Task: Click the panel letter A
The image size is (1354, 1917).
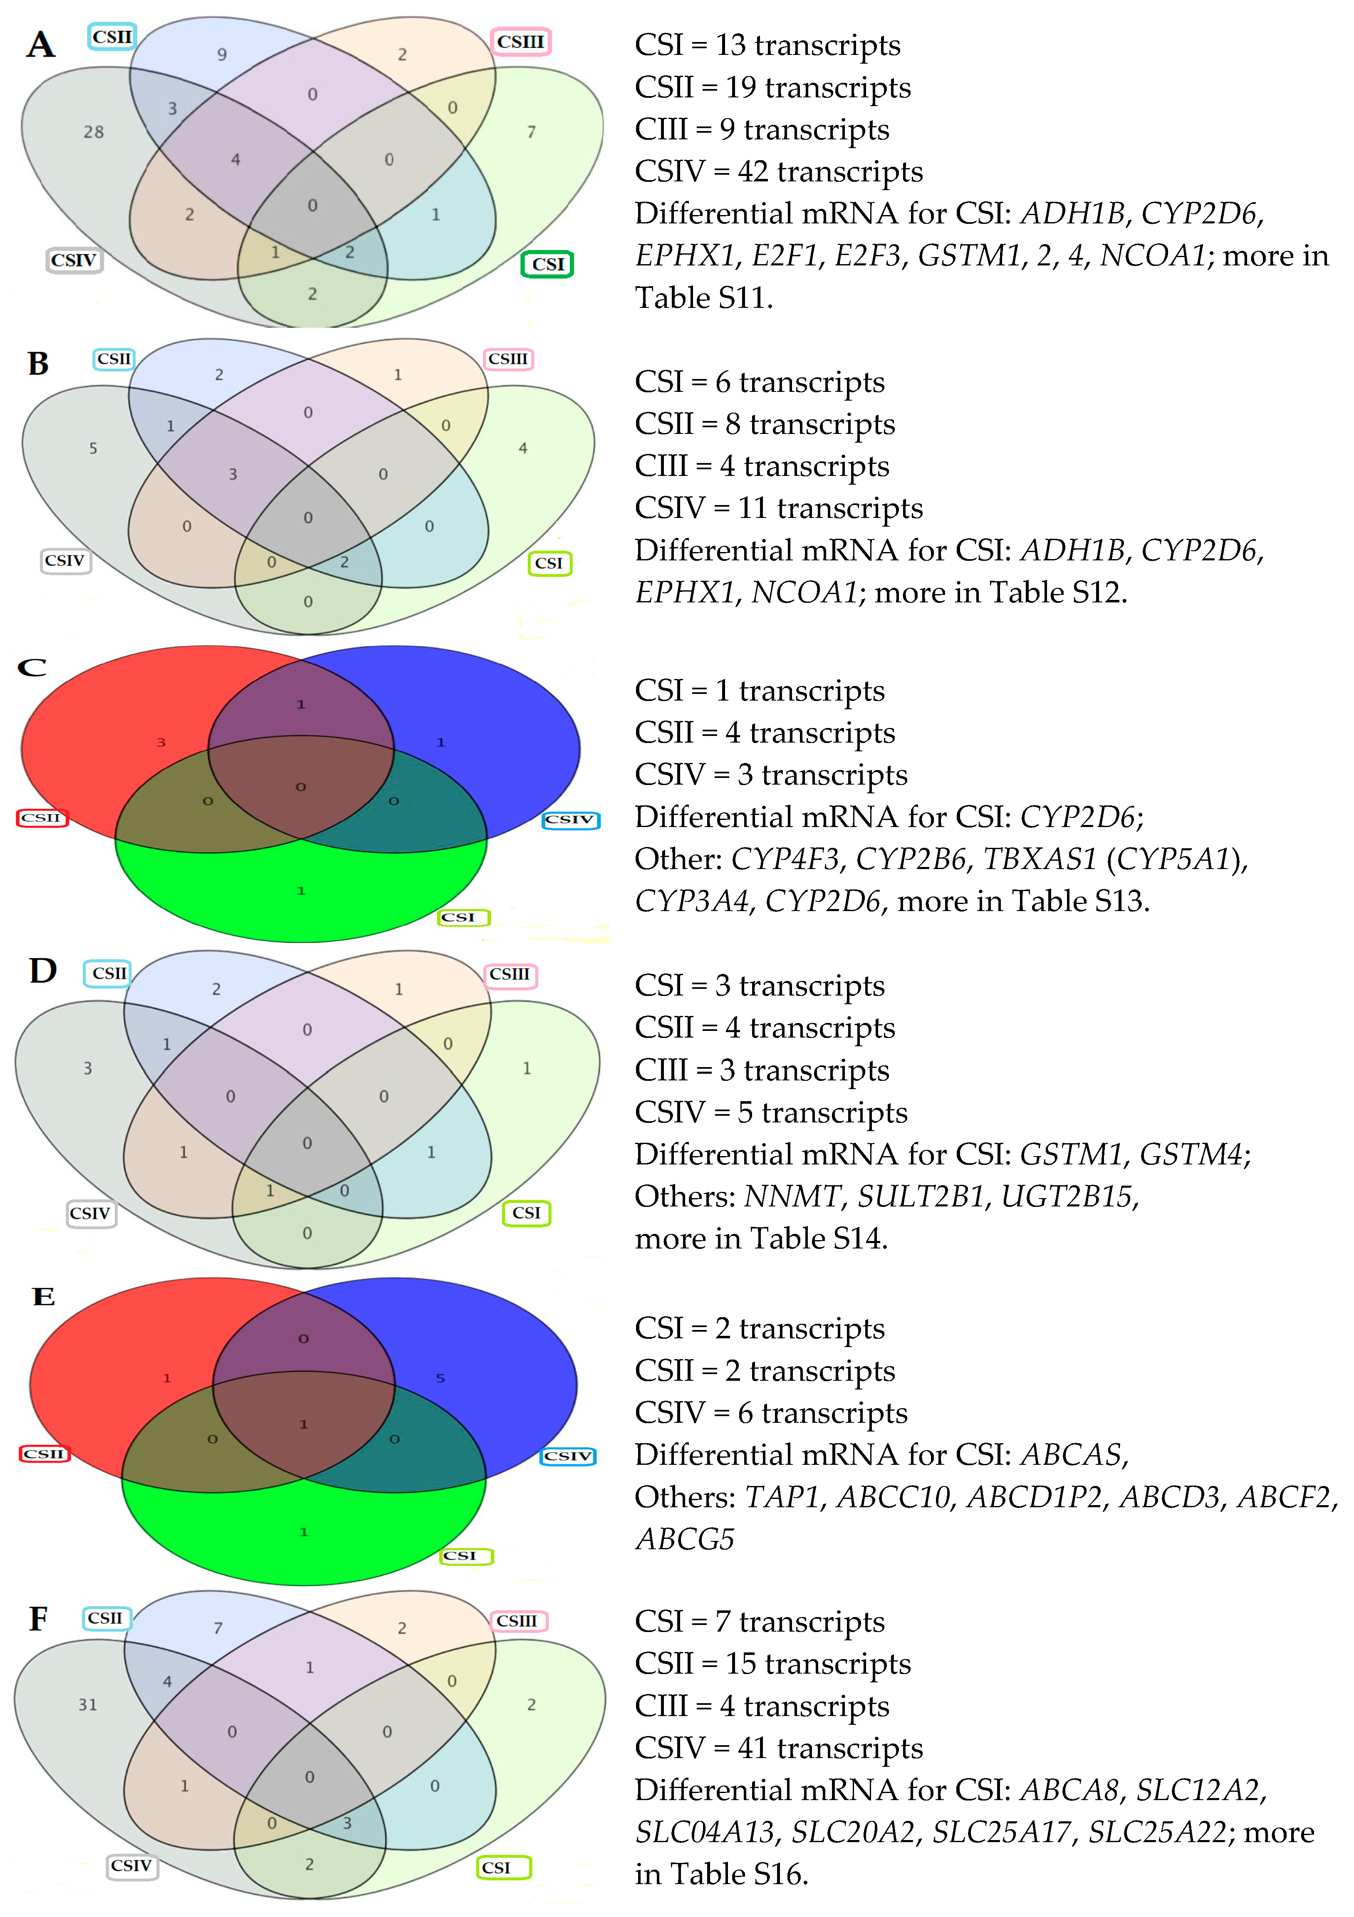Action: [x=40, y=44]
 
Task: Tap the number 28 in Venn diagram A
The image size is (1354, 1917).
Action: [x=94, y=132]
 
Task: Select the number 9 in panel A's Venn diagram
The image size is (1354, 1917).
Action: [x=222, y=54]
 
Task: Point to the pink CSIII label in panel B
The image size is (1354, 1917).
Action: [x=508, y=359]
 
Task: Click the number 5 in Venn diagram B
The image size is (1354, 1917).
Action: [x=94, y=448]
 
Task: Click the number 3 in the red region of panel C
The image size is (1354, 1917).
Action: [x=161, y=742]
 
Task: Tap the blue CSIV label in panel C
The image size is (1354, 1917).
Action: [x=570, y=820]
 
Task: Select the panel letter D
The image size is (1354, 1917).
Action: [x=42, y=971]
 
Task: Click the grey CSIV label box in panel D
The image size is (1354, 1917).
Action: [x=90, y=1213]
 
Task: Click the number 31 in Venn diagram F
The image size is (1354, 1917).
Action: [x=88, y=1705]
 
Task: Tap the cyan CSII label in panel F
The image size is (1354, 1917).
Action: [x=106, y=1618]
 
